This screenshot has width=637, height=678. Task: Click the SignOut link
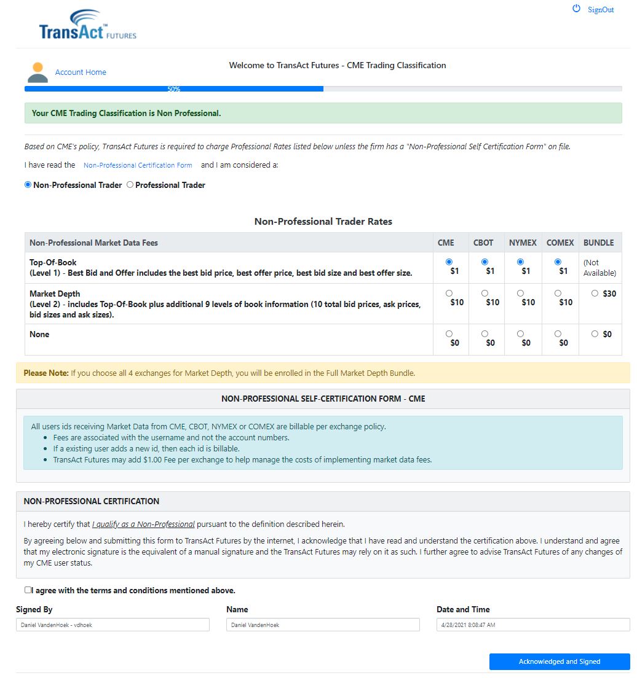[600, 10]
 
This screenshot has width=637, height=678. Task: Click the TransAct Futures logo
[87, 26]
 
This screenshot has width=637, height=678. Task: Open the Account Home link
[81, 72]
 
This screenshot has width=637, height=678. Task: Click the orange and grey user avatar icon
[38, 72]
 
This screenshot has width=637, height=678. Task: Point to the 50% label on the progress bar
[174, 89]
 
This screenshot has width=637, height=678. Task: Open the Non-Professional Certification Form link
[138, 165]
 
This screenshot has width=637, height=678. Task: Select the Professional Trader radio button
[130, 185]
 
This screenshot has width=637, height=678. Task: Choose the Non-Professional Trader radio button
[28, 185]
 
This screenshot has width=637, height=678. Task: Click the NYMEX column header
[523, 243]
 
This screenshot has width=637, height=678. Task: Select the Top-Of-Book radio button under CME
[449, 262]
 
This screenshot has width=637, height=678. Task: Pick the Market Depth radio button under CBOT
[485, 294]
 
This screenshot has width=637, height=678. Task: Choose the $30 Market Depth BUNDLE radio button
[595, 294]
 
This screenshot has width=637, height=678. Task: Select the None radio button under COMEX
[558, 334]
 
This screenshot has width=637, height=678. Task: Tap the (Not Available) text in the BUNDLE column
[599, 268]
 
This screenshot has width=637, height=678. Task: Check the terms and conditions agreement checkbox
[28, 590]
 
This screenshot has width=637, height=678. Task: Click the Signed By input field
[113, 625]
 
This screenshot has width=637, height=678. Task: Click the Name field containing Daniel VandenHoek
[323, 625]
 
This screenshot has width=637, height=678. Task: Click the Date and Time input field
[533, 625]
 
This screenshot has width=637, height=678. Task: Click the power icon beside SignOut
[576, 9]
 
